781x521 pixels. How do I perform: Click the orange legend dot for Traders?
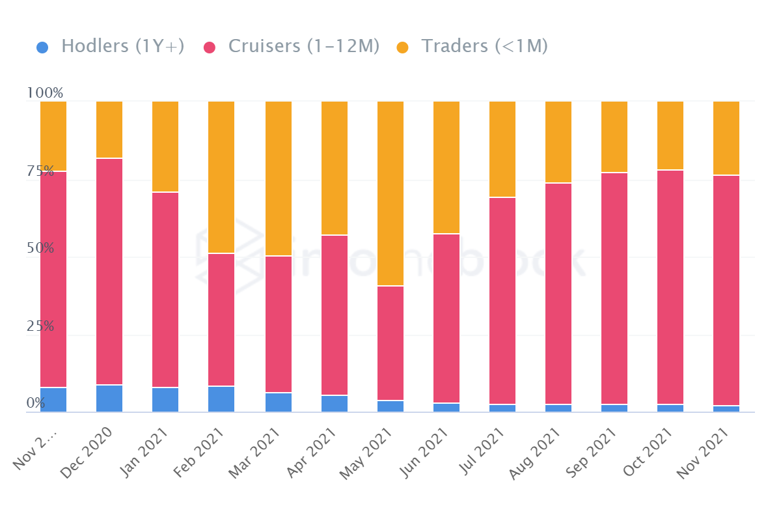pos(403,48)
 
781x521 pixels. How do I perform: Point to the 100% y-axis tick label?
pos(45,93)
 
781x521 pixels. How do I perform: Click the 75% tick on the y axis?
pos(40,171)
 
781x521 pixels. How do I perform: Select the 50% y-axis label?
pos(40,249)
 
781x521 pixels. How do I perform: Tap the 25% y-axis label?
pos(40,326)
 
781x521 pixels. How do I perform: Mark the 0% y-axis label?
pos(36,404)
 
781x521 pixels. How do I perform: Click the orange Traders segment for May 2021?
pos(390,193)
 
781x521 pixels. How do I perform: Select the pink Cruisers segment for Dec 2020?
pos(109,272)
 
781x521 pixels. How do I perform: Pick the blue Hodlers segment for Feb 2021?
pos(221,399)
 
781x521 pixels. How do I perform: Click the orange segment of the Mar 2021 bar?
pos(279,178)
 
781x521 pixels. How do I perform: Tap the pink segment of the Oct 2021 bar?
pos(670,287)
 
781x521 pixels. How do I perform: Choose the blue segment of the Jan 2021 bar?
pos(165,400)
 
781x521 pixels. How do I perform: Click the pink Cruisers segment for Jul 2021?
pos(502,301)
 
